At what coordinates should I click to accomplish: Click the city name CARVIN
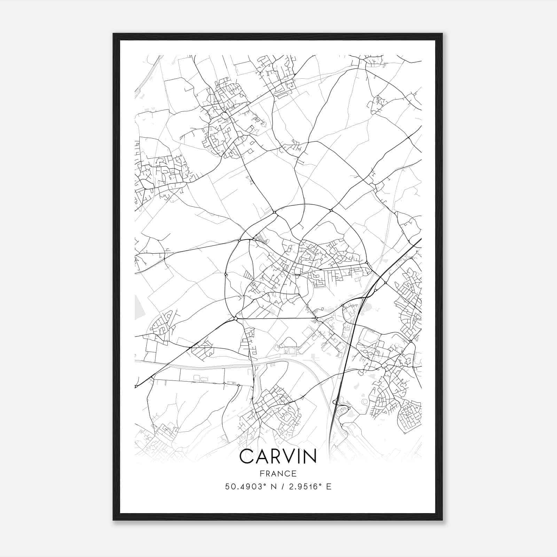[278, 456]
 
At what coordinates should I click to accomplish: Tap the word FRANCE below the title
[278, 473]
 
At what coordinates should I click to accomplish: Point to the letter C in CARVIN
[247, 456]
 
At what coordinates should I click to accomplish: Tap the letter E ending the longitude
[329, 487]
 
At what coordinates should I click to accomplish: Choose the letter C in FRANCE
[287, 473]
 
